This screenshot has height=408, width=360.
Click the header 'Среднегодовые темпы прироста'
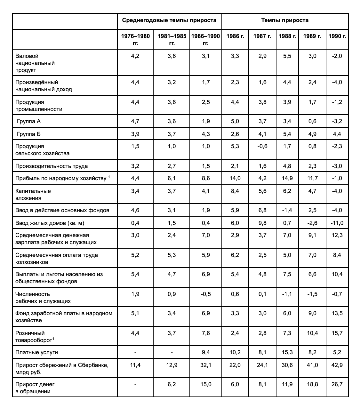[169, 20]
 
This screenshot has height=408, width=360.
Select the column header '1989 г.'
[312, 36]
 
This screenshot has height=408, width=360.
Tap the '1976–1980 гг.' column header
[135, 39]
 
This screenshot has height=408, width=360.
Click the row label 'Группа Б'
[28, 134]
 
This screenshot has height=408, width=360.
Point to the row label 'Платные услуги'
[36, 352]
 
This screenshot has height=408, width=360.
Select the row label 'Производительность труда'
[52, 166]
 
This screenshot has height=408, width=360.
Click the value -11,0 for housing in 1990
[337, 223]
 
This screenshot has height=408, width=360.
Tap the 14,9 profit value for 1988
[287, 178]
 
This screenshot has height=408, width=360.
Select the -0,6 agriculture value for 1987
[262, 146]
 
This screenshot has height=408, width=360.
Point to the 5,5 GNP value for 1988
[287, 56]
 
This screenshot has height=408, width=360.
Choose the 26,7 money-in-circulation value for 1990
[337, 384]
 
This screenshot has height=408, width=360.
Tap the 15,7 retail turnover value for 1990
[337, 333]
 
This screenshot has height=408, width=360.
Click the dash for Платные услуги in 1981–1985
[172, 352]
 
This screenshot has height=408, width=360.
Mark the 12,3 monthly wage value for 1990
[337, 235]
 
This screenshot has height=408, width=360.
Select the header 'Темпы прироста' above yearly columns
[285, 20]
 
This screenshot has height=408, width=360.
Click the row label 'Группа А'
[28, 121]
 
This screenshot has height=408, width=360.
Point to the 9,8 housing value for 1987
[262, 223]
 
